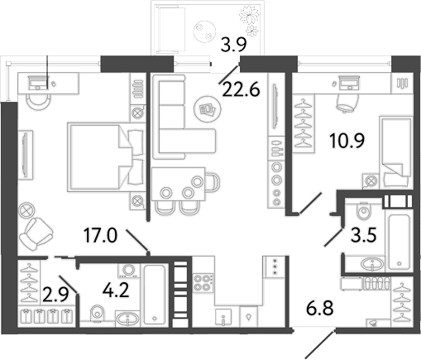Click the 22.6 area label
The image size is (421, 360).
(x=241, y=89)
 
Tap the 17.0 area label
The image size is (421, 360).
(x=101, y=235)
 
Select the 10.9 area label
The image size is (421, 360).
(x=347, y=141)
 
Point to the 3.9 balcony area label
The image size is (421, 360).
(x=233, y=45)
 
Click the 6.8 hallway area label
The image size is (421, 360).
(x=320, y=308)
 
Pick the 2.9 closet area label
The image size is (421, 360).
(x=55, y=295)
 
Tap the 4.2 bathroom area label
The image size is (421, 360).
(x=116, y=290)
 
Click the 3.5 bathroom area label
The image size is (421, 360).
(x=364, y=235)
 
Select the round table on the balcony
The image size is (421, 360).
(x=204, y=31)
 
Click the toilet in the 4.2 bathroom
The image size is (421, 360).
(x=97, y=313)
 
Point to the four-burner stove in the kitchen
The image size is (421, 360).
(x=203, y=282)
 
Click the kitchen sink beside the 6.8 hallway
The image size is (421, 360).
(x=223, y=317)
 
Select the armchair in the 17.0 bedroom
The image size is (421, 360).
(x=36, y=233)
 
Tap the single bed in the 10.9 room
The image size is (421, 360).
(x=396, y=152)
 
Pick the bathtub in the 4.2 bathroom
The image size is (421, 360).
(x=155, y=295)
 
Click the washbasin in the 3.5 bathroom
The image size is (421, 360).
(x=372, y=263)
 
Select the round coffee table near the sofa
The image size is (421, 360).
(x=208, y=109)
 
